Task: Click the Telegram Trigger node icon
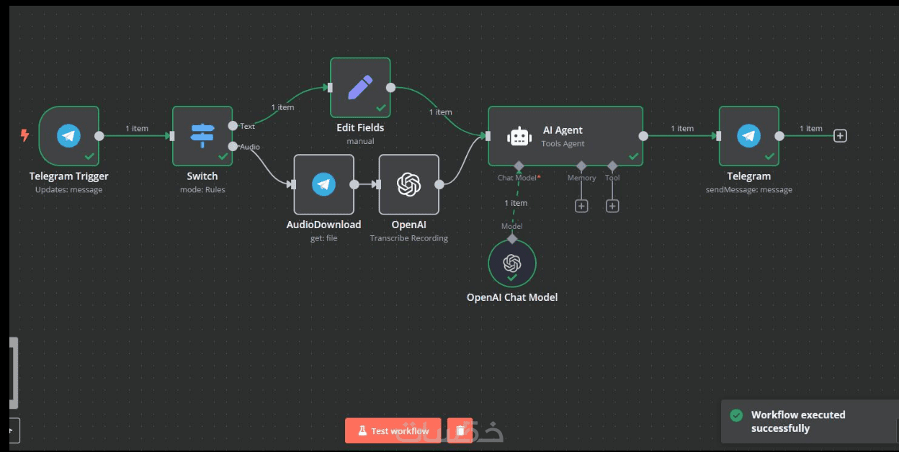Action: pos(68,135)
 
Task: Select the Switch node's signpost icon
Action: pos(202,135)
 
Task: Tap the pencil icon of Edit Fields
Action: pos(360,87)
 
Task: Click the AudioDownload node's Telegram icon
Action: pos(323,184)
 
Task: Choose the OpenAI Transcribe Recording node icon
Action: pos(408,184)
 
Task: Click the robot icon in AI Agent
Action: pos(519,137)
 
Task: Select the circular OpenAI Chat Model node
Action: pos(511,263)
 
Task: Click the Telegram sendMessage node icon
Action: pos(748,135)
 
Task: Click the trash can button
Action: pos(460,430)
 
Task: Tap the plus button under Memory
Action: pos(581,206)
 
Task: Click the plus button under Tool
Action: pos(612,206)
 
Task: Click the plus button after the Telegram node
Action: pos(840,135)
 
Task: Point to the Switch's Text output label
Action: pos(247,127)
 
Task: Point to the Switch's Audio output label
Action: pos(250,147)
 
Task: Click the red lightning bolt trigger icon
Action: pos(25,135)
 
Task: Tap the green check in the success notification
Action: pos(736,415)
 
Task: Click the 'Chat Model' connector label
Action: pos(517,178)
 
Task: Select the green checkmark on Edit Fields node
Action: pos(381,107)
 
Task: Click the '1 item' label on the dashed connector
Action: pos(516,203)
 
